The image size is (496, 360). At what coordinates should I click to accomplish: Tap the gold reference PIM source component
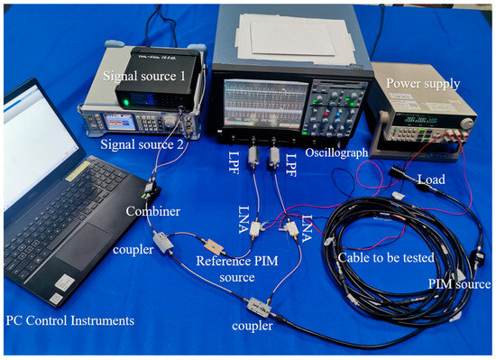tap(215, 245)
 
